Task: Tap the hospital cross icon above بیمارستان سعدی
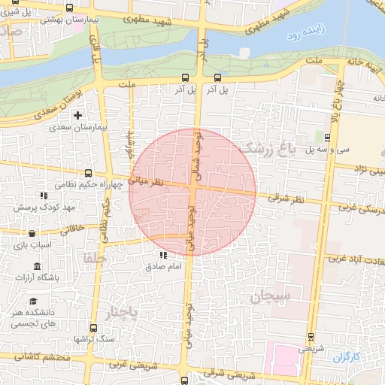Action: pos(77,115)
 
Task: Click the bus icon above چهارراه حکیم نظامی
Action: pos(89,172)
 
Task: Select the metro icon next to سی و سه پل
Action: pos(328,137)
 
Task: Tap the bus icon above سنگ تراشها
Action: pos(92,327)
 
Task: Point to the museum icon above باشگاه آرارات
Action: pos(38,266)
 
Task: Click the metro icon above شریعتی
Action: pos(311,337)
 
